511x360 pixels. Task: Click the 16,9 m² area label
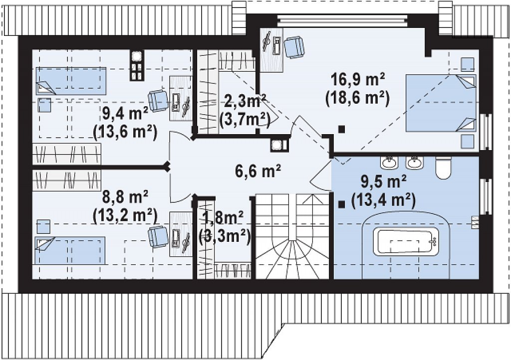click(x=358, y=79)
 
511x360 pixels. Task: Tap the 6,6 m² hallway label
click(x=258, y=171)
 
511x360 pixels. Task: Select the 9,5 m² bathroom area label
click(x=384, y=181)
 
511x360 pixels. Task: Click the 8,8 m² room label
click(x=125, y=197)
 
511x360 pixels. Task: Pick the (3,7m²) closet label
click(x=245, y=120)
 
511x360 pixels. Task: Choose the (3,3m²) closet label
click(x=225, y=237)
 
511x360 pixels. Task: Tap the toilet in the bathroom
click(x=443, y=168)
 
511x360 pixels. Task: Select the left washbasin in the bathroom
click(x=389, y=163)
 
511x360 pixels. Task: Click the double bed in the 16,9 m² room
click(x=441, y=103)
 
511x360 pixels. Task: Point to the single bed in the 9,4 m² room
click(x=71, y=81)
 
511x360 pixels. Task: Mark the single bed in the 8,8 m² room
click(x=70, y=250)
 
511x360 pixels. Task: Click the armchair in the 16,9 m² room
click(x=294, y=47)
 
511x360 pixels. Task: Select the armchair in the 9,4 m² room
click(x=158, y=101)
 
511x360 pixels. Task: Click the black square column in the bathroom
click(x=341, y=204)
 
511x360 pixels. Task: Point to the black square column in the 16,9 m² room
click(x=341, y=129)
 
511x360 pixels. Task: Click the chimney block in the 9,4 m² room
click(x=137, y=65)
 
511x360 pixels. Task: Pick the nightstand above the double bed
click(x=467, y=64)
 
